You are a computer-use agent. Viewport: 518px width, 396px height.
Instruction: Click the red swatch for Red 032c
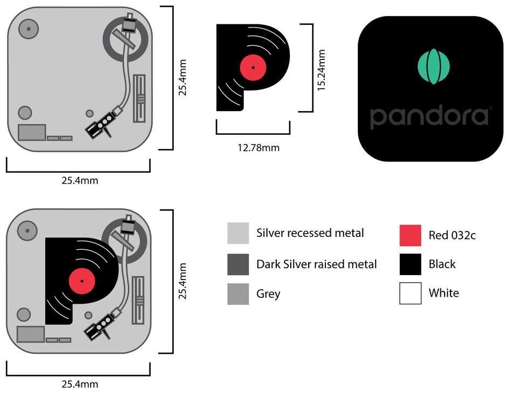tap(410, 235)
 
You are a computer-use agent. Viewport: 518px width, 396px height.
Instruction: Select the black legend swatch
tap(410, 264)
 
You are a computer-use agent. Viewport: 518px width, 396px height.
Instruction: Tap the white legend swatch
tap(410, 293)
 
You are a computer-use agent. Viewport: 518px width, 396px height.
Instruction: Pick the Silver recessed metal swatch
tap(238, 233)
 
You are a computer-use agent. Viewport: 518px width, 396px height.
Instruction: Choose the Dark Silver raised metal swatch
tap(238, 264)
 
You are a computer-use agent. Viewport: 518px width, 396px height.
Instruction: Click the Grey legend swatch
tap(238, 294)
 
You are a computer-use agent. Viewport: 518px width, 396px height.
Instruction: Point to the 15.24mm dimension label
tap(322, 70)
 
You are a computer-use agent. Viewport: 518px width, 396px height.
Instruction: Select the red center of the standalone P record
tap(253, 67)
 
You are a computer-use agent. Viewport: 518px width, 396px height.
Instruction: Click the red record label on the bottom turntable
tap(82, 281)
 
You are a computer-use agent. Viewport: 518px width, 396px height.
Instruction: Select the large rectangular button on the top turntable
tap(32, 132)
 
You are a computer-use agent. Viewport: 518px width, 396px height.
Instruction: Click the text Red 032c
tap(452, 235)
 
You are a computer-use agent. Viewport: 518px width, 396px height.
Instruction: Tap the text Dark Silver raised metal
tap(316, 264)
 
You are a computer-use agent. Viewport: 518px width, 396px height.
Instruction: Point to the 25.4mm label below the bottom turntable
tap(79, 384)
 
